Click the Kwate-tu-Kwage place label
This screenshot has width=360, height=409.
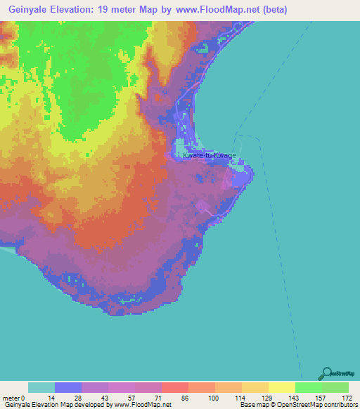coord(210,156)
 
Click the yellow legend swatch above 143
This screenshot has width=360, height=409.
coord(282,387)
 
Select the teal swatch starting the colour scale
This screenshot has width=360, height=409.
coord(41,387)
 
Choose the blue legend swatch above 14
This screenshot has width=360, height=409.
coord(68,387)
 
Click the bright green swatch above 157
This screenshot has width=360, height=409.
coord(309,387)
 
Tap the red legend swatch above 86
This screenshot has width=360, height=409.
coord(175,387)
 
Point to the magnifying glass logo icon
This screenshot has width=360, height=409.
coord(326,373)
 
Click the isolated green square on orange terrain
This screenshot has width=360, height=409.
coord(87,155)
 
